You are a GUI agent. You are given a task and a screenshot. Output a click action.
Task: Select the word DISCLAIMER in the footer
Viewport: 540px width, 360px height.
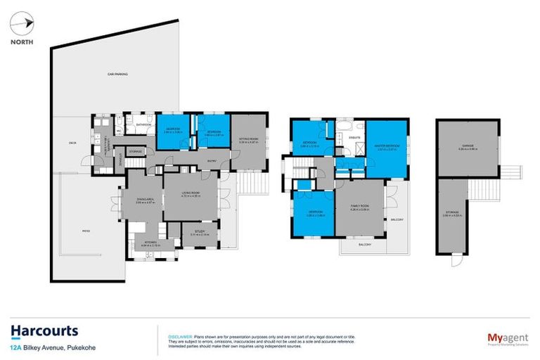click(x=173, y=335)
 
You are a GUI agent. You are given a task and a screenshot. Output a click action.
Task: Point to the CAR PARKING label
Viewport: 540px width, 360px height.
click(x=117, y=74)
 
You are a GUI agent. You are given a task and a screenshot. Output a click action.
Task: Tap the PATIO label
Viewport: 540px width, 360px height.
click(x=87, y=230)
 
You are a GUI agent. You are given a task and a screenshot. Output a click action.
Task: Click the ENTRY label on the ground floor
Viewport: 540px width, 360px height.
click(x=211, y=160)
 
